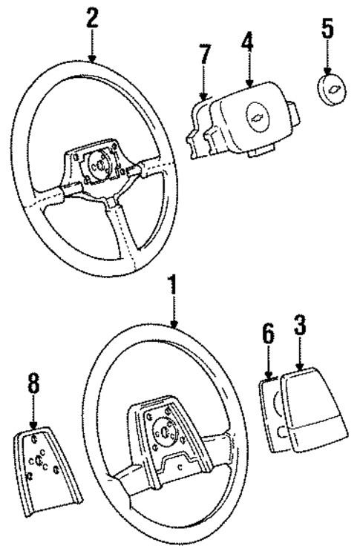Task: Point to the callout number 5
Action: pyautogui.click(x=328, y=30)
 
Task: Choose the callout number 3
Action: pyautogui.click(x=299, y=326)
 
